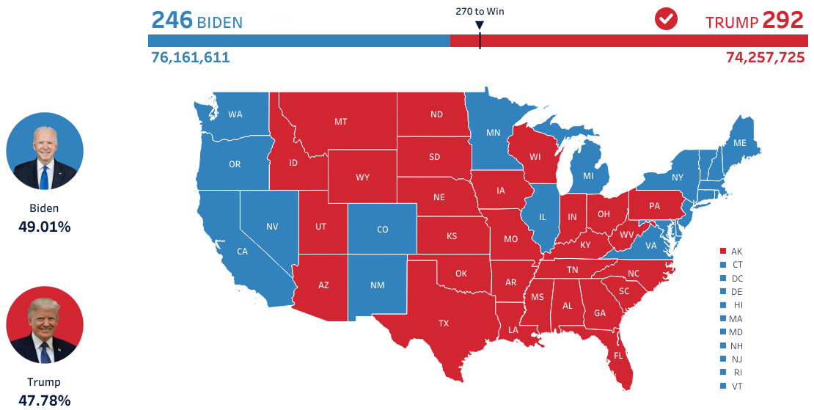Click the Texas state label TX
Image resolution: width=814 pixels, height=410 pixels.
point(444,323)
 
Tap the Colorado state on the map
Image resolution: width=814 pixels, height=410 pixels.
point(382,230)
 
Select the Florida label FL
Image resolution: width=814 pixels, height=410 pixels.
point(618,356)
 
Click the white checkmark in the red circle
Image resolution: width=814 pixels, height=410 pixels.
point(666,20)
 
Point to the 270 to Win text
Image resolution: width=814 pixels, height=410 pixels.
point(480,11)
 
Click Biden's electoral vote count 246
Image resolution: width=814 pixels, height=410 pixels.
point(172,20)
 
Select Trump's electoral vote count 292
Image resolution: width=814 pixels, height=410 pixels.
point(783,20)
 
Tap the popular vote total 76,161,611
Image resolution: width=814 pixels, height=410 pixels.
point(191,57)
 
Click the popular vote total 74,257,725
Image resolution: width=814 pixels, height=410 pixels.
point(765,57)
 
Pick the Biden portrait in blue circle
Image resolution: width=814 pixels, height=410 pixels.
point(45,151)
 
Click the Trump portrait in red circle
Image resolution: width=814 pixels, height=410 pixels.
point(45,325)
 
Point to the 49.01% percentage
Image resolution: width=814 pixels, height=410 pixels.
point(45,227)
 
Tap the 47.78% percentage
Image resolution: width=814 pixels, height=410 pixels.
point(45,400)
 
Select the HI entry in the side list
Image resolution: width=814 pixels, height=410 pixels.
point(736,305)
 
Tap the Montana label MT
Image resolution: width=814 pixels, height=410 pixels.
point(341,122)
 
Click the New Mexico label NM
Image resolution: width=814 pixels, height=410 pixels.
point(378,285)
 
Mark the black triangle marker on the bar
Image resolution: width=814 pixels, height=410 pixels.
point(480,26)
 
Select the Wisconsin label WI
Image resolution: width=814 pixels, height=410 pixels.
point(535,157)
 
